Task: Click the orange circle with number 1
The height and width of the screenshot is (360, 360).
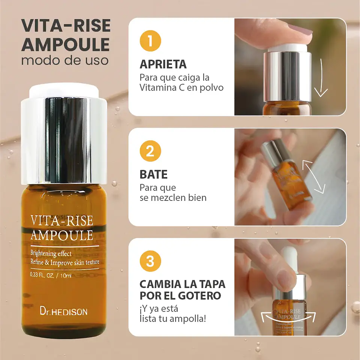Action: (150, 41)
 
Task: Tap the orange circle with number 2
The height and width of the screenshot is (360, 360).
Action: (150, 152)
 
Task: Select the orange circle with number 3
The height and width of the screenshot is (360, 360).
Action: (150, 261)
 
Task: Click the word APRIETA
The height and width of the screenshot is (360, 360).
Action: (163, 64)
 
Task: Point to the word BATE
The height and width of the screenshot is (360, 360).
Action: (153, 175)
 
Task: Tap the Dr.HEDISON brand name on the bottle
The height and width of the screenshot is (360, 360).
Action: (63, 311)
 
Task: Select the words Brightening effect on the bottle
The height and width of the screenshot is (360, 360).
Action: (51, 253)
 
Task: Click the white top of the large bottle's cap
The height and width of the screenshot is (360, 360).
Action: (64, 90)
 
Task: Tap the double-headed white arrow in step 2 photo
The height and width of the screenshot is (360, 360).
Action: (313, 176)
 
